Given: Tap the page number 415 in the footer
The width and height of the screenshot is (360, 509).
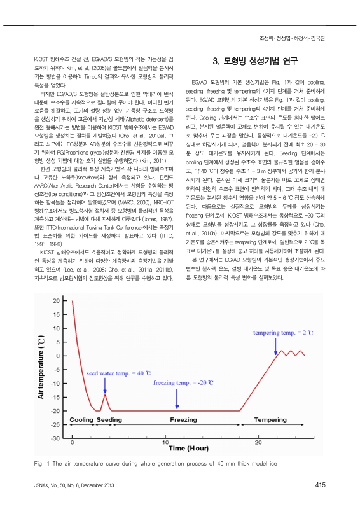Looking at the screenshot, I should [320, 485].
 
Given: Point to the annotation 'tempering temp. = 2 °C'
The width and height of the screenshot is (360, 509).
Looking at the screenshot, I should [284, 333].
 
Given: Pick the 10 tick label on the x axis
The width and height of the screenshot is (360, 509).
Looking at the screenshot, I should [165, 442].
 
